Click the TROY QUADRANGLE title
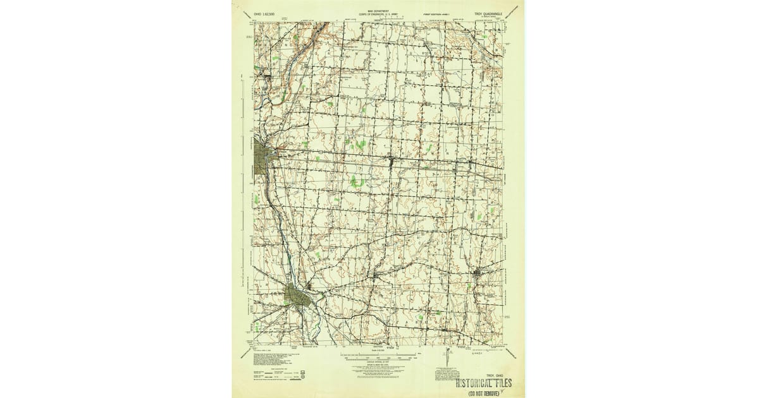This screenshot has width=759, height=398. point(485,12)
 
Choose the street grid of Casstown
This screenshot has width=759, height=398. point(378,277)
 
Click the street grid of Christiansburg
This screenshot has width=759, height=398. point(478,273)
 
